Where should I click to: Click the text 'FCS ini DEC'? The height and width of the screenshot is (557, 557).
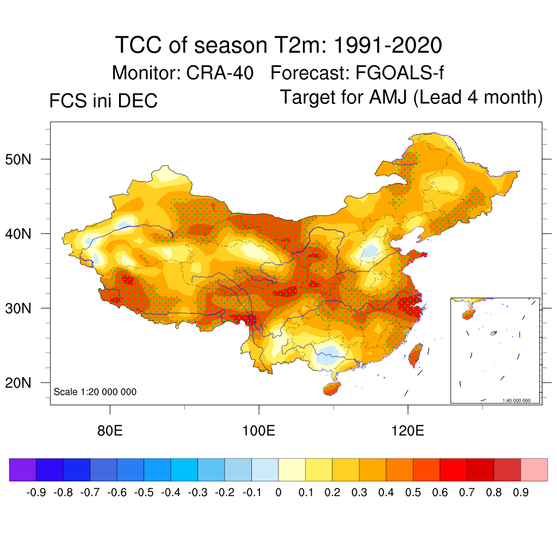pyautogui.click(x=103, y=101)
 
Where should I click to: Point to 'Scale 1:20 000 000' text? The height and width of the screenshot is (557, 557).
pyautogui.click(x=95, y=392)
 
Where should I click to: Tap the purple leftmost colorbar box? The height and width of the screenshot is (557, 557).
pyautogui.click(x=23, y=469)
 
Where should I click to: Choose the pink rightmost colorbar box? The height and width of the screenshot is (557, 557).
pyautogui.click(x=534, y=469)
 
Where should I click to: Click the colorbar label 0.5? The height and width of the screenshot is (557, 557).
pyautogui.click(x=413, y=493)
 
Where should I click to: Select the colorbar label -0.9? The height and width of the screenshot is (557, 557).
pyautogui.click(x=36, y=493)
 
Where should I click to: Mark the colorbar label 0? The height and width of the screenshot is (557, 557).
pyautogui.click(x=278, y=493)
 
